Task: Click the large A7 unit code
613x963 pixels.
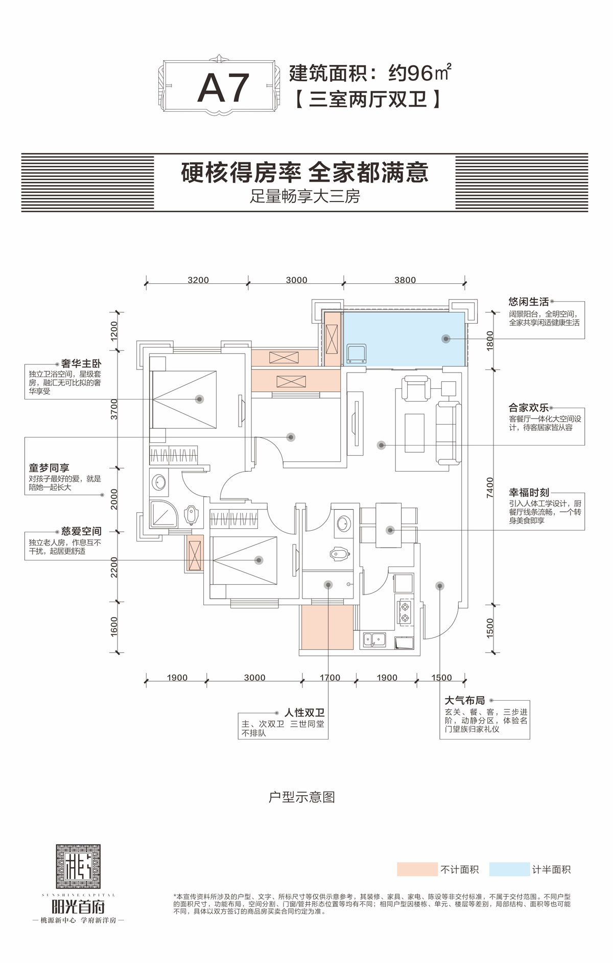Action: tap(223, 88)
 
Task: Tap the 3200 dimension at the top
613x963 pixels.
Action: tap(198, 280)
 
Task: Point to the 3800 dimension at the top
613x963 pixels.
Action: tap(405, 280)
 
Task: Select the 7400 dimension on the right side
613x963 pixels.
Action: tap(490, 487)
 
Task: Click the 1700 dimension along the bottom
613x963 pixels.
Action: tap(329, 678)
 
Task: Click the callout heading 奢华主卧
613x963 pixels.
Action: tap(81, 364)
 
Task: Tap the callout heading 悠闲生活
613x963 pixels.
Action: tap(528, 302)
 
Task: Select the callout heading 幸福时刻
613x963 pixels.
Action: tap(529, 492)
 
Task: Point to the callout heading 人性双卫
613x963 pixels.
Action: tap(304, 713)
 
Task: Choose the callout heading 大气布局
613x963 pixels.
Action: tap(464, 701)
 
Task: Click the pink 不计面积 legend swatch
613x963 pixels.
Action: tap(417, 870)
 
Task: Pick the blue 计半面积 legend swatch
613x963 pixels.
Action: tap(509, 870)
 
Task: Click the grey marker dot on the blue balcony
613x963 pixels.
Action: tap(446, 339)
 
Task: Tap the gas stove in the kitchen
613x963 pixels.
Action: tap(405, 612)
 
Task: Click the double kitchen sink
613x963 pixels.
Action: tap(374, 639)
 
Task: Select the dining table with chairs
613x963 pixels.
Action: tap(389, 525)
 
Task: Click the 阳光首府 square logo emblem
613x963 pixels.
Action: tap(78, 866)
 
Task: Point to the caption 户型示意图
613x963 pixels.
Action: tap(301, 797)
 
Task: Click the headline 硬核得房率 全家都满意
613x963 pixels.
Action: tap(304, 173)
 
